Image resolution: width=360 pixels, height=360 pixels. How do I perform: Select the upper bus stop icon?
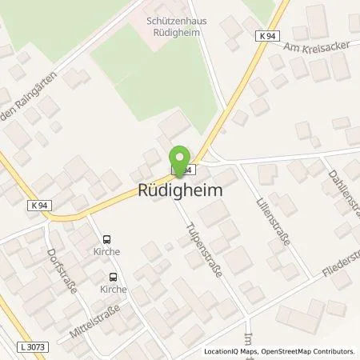[106, 238]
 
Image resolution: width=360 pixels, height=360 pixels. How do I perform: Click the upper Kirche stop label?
[106, 251]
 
